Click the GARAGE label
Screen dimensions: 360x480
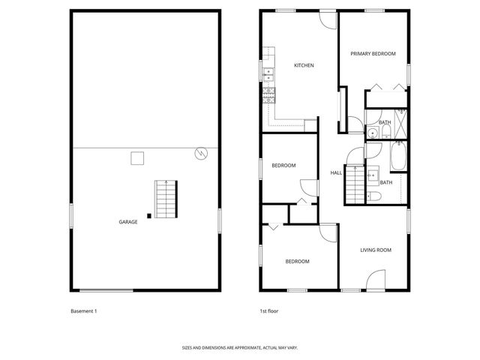click(128, 221)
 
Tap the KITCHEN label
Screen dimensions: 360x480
click(304, 66)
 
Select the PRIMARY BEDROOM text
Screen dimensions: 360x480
click(374, 54)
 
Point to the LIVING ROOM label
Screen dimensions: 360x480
click(376, 250)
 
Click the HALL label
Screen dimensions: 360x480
click(336, 172)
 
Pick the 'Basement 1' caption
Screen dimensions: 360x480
click(85, 310)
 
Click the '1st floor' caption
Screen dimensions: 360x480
click(269, 310)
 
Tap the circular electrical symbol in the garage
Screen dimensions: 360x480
click(199, 153)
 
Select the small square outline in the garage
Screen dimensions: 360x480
click(137, 157)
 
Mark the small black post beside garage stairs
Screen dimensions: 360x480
click(149, 216)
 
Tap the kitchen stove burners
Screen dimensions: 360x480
click(269, 94)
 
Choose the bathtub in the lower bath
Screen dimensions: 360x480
click(398, 157)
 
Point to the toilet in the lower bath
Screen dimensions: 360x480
click(374, 196)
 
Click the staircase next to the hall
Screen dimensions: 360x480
click(354, 183)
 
